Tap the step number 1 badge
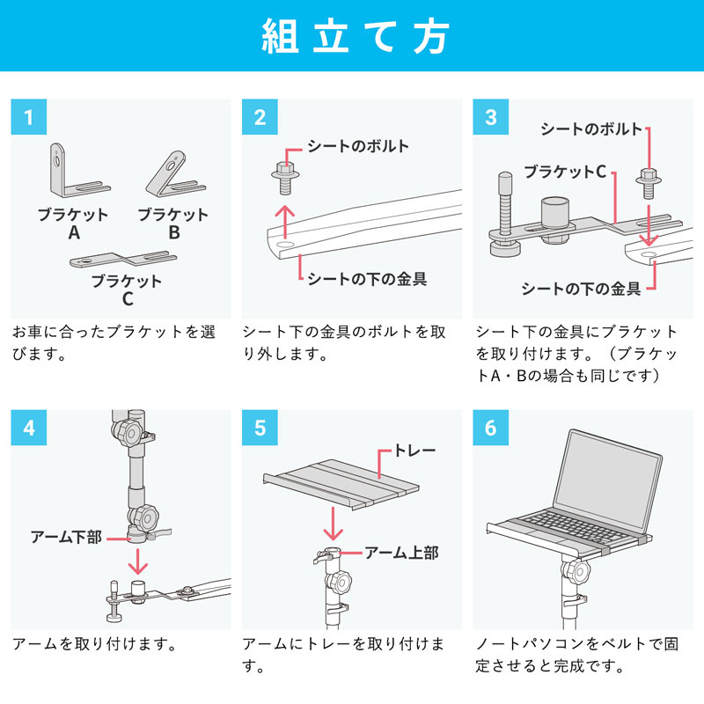coord(29,117)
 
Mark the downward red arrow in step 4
coord(136,560)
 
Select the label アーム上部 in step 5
coord(401,553)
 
